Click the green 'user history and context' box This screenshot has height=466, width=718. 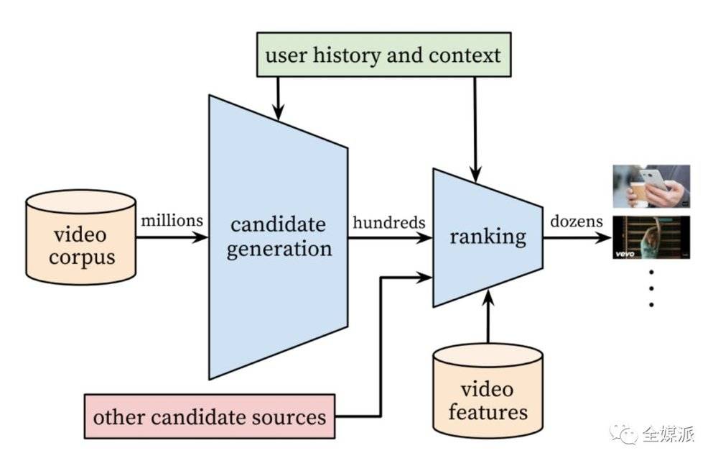coord(383,55)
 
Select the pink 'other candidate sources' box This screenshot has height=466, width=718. coord(210,416)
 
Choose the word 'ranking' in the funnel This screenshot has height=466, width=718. coord(488,236)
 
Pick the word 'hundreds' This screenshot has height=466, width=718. coord(388,222)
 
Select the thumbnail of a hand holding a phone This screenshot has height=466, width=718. coord(651,186)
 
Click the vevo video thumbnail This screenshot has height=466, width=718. coord(651,237)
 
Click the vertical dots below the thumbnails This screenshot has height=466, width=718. coord(651,288)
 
